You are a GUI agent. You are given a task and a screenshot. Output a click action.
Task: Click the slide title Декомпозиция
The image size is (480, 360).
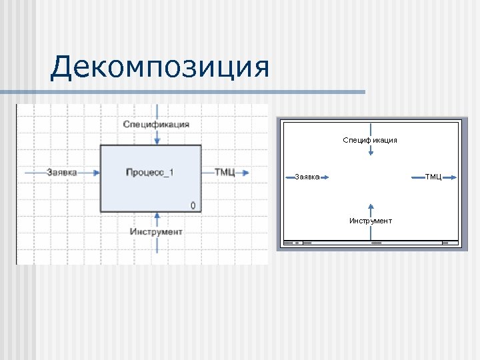[160, 68]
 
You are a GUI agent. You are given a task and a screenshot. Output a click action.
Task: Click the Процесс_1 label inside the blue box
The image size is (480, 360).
[150, 173]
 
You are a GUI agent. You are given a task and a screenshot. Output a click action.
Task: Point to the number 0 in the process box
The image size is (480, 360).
[193, 205]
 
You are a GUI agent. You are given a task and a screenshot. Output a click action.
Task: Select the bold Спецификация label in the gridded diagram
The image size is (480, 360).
[156, 124]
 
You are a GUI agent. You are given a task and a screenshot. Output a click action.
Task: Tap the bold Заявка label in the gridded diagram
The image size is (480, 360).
[62, 172]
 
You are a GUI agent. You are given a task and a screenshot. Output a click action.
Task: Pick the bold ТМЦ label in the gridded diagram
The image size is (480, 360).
[225, 172]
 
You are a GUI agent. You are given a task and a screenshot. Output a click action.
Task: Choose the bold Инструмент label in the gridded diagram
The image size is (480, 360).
[156, 231]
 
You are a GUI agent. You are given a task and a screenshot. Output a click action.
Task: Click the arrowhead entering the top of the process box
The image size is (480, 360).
[156, 141]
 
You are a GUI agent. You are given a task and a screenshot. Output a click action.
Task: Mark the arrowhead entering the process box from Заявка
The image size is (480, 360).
[96, 172]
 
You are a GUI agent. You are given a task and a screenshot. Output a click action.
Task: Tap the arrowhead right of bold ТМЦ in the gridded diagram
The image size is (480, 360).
[246, 173]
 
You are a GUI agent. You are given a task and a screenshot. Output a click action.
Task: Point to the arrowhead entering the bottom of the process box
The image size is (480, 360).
[156, 216]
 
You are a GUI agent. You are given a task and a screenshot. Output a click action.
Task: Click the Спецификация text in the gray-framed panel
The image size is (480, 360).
[370, 140]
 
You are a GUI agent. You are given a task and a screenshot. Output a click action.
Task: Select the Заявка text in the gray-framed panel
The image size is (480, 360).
[307, 177]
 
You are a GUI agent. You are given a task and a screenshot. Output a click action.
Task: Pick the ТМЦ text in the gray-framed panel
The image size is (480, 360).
[433, 177]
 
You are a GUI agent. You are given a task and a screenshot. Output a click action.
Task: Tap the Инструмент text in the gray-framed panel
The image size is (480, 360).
[371, 221]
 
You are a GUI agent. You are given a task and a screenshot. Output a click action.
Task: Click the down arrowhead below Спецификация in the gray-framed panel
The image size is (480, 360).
[371, 153]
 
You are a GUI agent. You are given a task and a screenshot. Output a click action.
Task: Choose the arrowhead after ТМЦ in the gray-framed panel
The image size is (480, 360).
[453, 177]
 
